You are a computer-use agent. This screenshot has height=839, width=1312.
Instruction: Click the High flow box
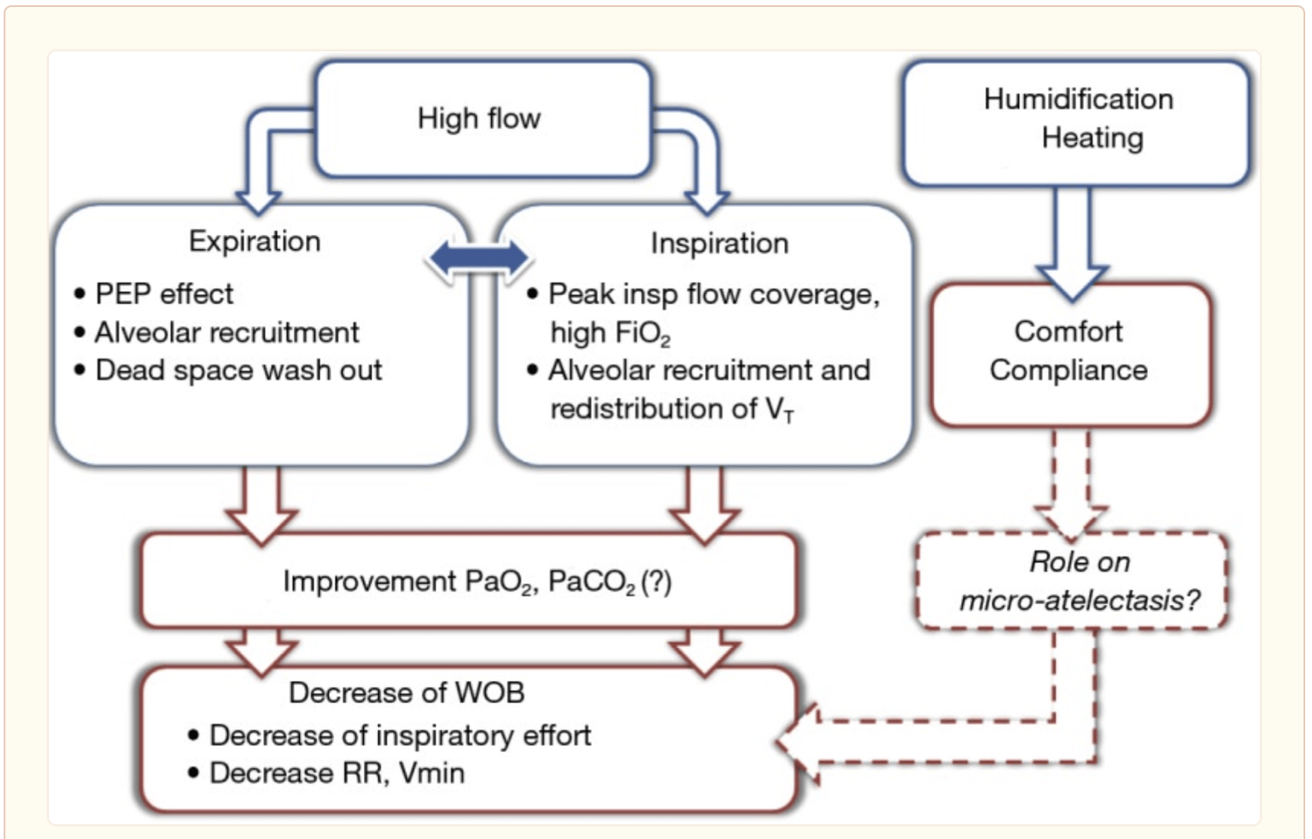[483, 119]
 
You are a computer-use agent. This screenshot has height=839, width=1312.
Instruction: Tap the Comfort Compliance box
[1069, 353]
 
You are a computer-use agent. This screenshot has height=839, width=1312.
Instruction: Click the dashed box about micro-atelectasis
[1072, 581]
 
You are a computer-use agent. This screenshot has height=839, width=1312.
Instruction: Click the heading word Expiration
[255, 242]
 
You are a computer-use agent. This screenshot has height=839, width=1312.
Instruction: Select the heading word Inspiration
[719, 243]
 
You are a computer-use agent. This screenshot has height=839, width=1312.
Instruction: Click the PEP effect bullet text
[164, 294]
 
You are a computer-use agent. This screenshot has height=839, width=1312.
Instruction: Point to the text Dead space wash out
[238, 371]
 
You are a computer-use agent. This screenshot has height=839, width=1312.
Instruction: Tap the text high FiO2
[610, 332]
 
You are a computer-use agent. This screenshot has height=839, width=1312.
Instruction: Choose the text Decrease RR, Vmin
[337, 773]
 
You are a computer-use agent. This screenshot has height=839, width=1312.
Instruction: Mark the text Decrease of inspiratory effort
[400, 736]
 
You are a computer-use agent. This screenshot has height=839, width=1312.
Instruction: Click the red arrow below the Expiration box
[261, 504]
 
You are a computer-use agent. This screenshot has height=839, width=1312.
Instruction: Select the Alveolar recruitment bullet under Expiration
[226, 332]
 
